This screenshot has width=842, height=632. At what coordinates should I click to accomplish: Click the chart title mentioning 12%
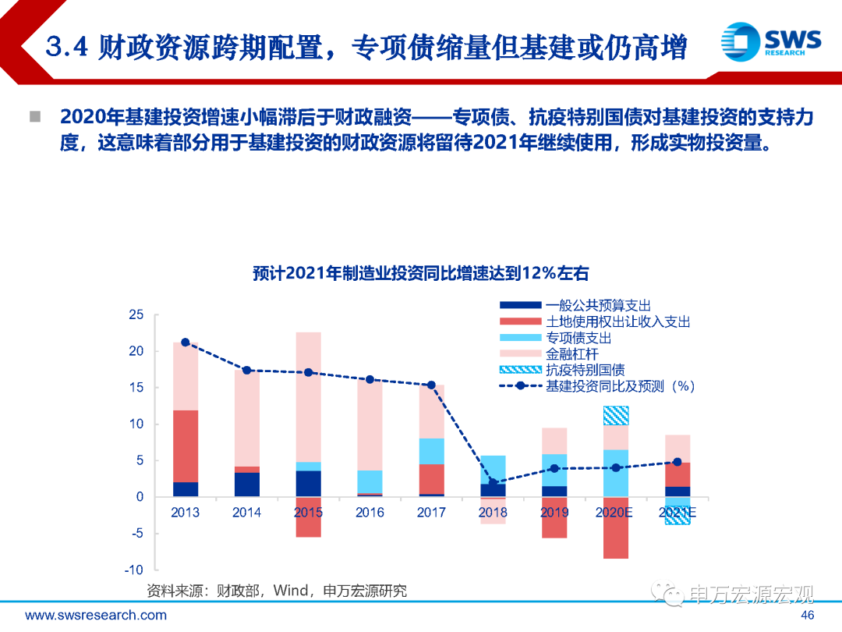[x=420, y=273]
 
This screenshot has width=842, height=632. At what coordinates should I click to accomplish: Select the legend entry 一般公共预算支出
[x=598, y=305]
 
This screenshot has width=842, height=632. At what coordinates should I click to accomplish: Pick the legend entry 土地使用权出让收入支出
[x=617, y=321]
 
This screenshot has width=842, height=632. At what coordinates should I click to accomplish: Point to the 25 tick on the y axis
[x=136, y=315]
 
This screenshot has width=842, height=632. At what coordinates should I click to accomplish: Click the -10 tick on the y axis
[x=134, y=570]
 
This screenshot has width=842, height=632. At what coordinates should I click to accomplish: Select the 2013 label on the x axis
[x=185, y=513]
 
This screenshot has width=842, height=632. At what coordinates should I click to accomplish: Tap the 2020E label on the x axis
[x=616, y=513]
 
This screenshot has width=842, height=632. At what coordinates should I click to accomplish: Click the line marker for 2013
[x=186, y=343]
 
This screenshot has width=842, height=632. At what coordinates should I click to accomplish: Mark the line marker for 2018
[x=493, y=482]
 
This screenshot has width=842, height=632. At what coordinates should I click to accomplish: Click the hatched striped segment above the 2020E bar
[x=616, y=415]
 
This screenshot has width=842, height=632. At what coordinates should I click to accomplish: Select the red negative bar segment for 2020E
[x=616, y=527]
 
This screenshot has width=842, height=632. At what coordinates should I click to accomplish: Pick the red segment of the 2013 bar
[x=186, y=446]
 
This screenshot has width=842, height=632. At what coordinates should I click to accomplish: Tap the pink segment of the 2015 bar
[x=308, y=397]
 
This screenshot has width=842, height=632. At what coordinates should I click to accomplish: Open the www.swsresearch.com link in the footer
[x=96, y=615]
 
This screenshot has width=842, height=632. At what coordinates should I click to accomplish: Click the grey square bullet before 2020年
[x=35, y=118]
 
